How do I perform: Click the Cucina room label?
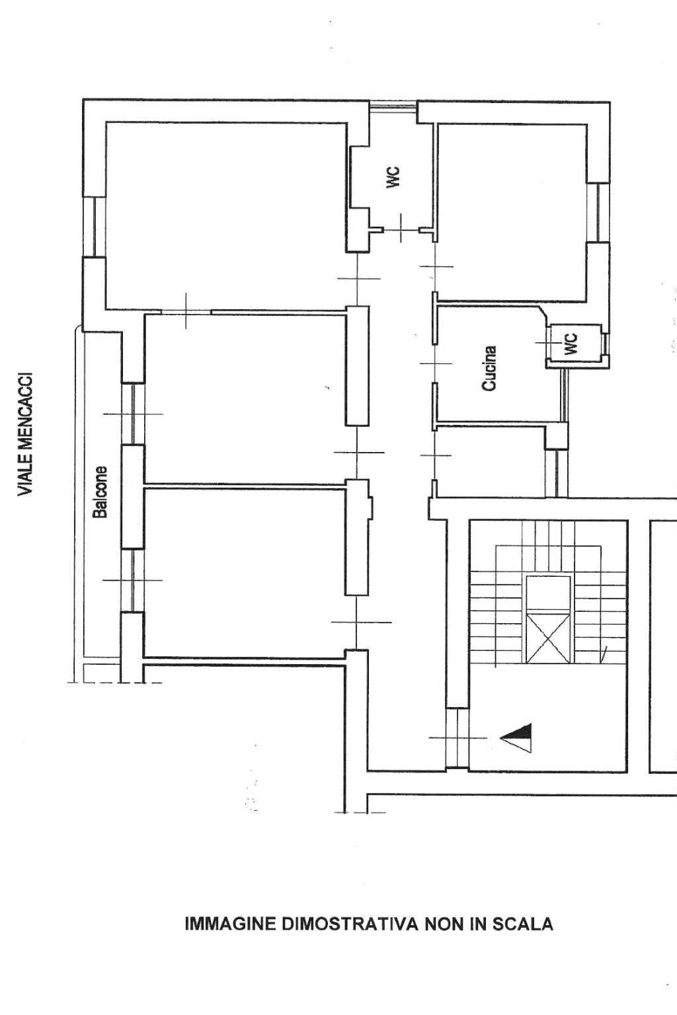[x=489, y=368]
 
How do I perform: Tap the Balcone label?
[x=100, y=492]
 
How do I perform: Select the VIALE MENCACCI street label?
[x=25, y=433]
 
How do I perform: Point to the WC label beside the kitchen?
[x=572, y=344]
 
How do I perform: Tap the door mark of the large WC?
[x=401, y=229]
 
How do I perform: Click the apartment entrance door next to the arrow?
[x=457, y=738]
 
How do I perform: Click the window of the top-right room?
[x=598, y=213]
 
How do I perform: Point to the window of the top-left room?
[x=94, y=227]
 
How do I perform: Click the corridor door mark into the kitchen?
[x=435, y=363]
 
